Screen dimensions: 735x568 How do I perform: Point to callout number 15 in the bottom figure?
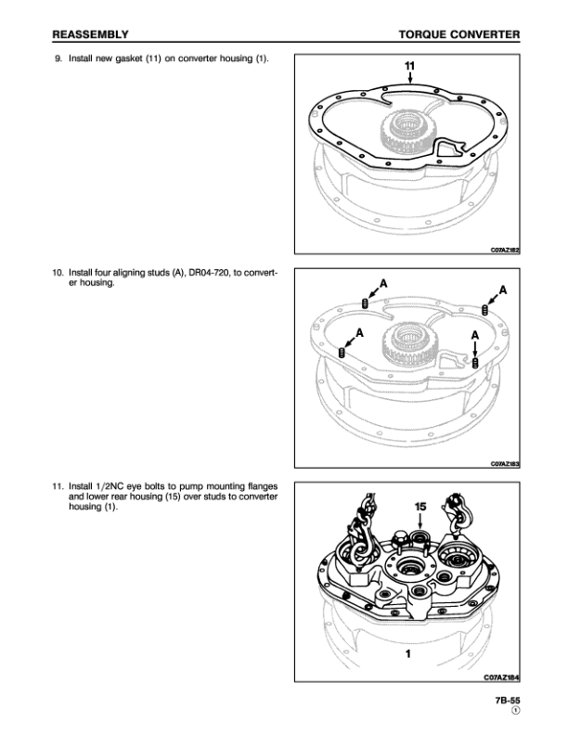coord(420,507)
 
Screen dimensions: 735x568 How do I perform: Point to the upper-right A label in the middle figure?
coord(502,290)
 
